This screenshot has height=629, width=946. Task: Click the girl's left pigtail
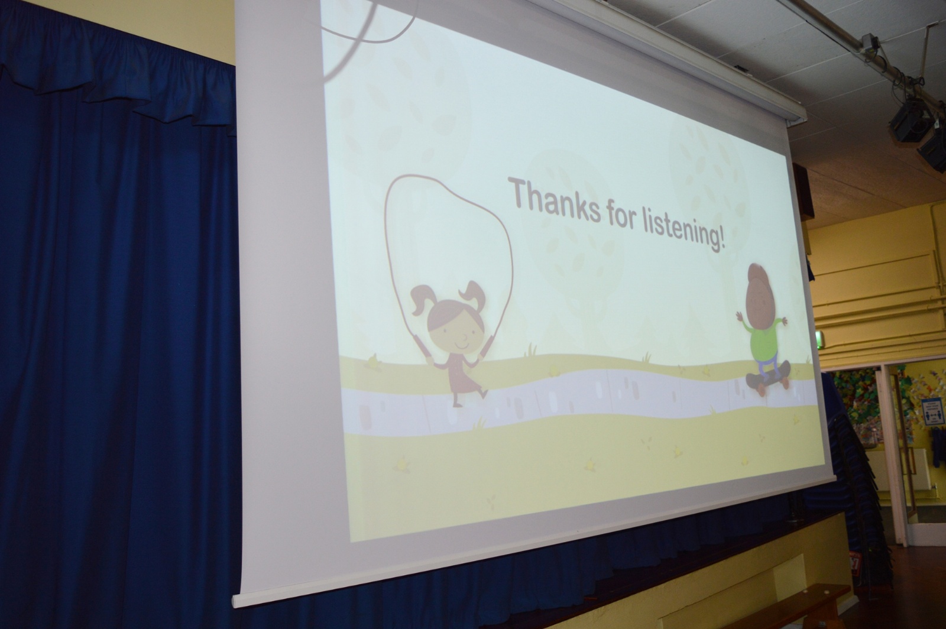[x=422, y=300]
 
